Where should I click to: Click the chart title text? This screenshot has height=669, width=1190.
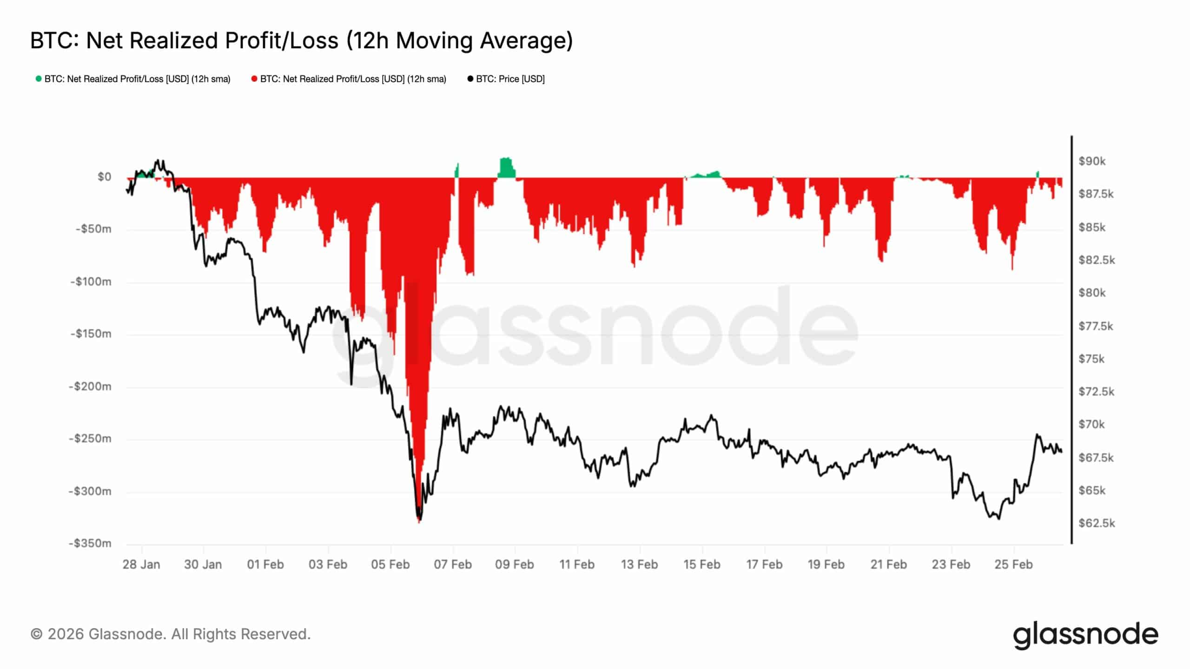(301, 40)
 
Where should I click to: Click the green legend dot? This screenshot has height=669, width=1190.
(39, 79)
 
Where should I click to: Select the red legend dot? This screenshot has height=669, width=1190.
(254, 79)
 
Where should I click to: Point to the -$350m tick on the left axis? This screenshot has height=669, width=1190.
(91, 543)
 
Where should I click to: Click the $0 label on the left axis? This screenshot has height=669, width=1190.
(104, 177)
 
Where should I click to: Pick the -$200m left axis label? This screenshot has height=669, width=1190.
(91, 387)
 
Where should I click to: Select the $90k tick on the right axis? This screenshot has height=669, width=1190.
(1092, 161)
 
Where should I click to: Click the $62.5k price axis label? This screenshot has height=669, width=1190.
(1097, 523)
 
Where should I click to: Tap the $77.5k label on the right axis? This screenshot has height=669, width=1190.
(1096, 326)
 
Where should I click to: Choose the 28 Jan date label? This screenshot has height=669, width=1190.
(141, 564)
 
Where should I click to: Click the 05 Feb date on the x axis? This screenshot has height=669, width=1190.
(390, 564)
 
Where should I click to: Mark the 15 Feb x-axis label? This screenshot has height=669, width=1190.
(702, 564)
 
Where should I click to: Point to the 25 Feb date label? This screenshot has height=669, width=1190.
(1013, 564)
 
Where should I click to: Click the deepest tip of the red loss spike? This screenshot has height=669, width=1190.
(419, 521)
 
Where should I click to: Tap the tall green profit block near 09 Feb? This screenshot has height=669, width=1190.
(506, 168)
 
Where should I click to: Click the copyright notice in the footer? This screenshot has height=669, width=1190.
(170, 634)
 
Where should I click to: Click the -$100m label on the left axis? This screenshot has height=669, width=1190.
(91, 282)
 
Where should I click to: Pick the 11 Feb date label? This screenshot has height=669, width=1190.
(577, 564)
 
